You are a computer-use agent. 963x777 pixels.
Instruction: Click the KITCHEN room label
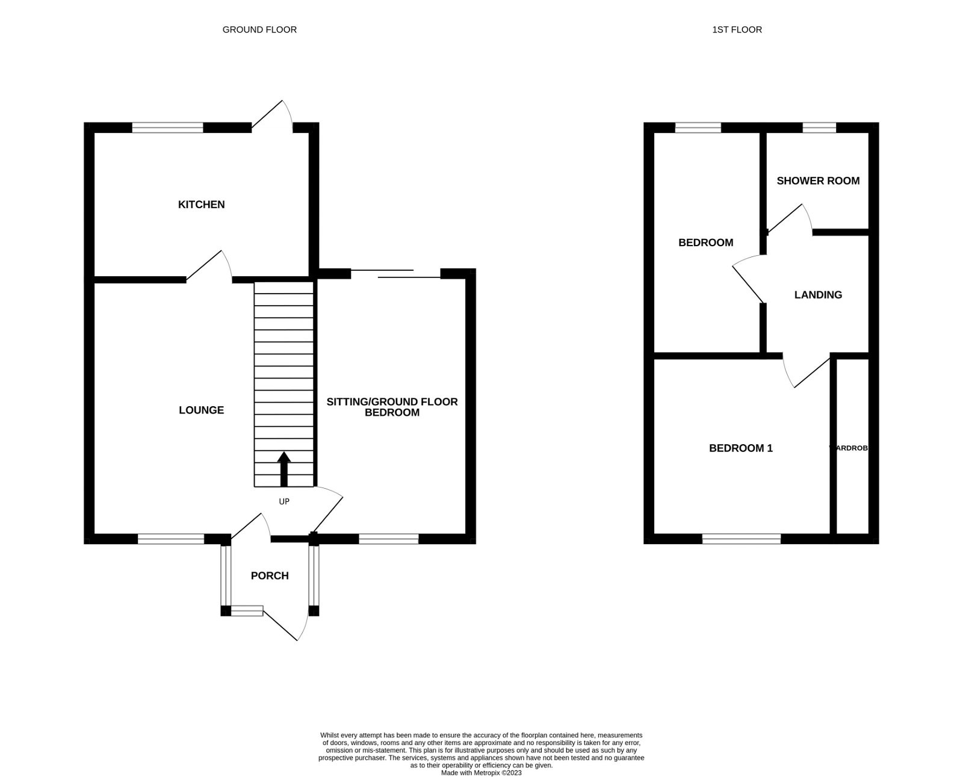point(201,205)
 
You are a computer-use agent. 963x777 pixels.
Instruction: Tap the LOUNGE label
point(201,410)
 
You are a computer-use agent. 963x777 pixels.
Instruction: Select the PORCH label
point(270,576)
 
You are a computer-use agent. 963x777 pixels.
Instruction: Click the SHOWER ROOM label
point(818,181)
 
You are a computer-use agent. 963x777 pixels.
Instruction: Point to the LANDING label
point(818,295)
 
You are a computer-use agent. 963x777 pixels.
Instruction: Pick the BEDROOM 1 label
point(740,448)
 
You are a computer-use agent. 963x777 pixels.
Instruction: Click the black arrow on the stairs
point(283,469)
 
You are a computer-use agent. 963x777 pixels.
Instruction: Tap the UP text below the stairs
point(284,501)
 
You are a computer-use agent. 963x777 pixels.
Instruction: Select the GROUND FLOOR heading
point(259,29)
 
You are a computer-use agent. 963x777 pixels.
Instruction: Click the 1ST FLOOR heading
point(737,29)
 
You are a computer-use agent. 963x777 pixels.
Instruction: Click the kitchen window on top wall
point(167,128)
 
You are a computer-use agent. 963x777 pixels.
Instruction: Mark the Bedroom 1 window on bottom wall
point(741,539)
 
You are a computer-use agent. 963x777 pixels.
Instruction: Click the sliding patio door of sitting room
point(395,274)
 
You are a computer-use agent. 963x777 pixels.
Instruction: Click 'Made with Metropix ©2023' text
point(481,773)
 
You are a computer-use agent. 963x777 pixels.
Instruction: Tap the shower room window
point(819,128)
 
